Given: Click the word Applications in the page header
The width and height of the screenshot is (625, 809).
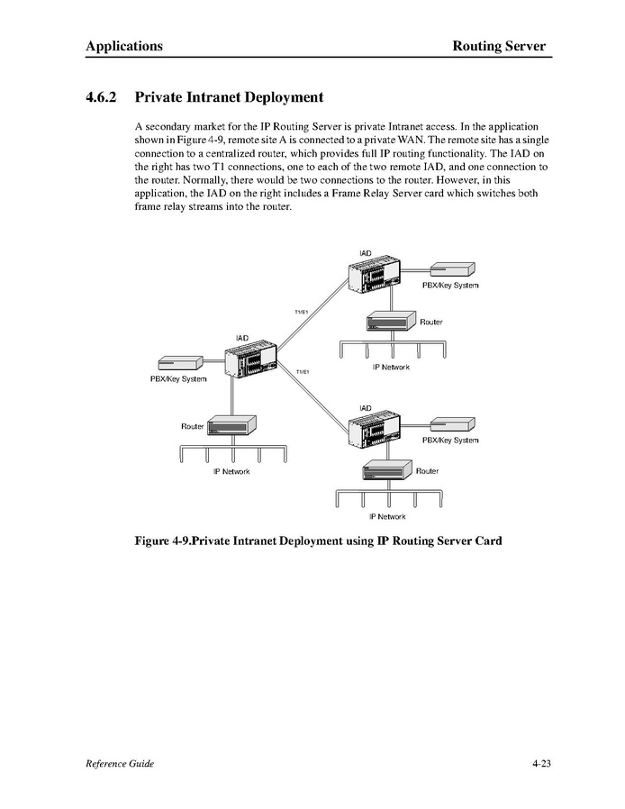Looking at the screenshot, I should [x=124, y=46].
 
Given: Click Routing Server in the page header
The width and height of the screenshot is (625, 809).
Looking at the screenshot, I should [x=499, y=46].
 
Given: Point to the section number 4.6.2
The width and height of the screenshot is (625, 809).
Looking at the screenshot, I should [x=104, y=96].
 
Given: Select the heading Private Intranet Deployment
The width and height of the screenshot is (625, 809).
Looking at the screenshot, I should [x=229, y=96].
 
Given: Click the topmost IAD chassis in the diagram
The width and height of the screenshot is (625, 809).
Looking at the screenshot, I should [x=375, y=274].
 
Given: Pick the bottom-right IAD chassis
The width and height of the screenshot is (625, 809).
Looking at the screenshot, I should [x=375, y=431].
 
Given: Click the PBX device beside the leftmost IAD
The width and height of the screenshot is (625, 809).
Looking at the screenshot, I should [x=179, y=364].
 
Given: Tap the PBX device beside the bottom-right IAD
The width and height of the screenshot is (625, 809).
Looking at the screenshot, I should [x=451, y=424].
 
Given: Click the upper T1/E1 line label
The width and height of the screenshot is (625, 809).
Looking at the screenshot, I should [x=302, y=312].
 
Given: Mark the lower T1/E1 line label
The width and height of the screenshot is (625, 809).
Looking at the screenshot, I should [x=303, y=371].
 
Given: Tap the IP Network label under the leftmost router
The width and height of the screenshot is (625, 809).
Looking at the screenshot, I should [x=231, y=472].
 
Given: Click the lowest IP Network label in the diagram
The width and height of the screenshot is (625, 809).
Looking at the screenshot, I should [x=387, y=516].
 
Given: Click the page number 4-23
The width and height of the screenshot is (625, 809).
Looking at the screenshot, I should [x=540, y=764].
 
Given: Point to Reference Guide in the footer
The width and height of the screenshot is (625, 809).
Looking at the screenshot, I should [x=120, y=764].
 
